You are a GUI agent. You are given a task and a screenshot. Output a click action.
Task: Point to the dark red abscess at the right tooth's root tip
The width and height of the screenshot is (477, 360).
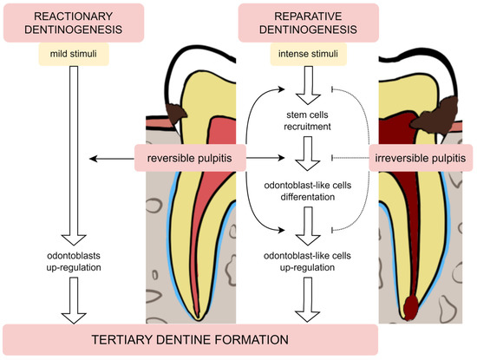coord(409,304)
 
